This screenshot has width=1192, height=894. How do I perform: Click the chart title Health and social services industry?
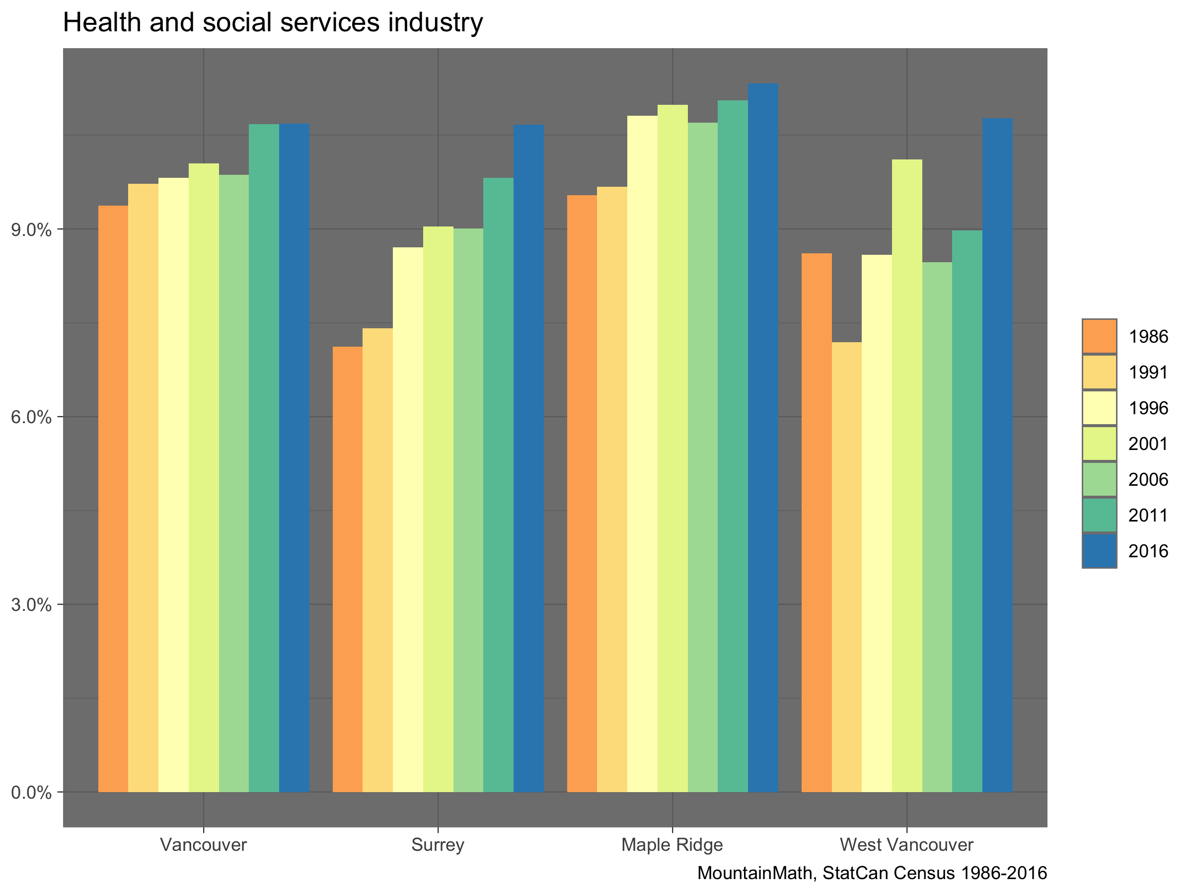click(273, 23)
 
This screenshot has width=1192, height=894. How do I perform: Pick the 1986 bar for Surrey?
click(348, 569)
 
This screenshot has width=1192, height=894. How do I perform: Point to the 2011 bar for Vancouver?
click(264, 458)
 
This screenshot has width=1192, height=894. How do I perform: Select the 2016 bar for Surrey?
click(528, 458)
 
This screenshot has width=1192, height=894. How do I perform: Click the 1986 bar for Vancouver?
click(113, 499)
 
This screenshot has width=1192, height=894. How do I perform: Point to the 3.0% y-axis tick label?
click(31, 604)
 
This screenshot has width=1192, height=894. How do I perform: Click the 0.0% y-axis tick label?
click(31, 793)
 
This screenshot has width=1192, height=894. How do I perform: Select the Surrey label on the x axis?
click(438, 844)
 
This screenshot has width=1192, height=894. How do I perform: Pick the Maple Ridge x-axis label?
click(672, 844)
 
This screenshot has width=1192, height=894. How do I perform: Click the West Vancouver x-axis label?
click(906, 844)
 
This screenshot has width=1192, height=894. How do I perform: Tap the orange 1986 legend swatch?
click(1099, 337)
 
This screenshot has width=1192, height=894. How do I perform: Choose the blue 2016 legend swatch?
click(1099, 551)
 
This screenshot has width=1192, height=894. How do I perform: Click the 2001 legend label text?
click(1148, 444)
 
